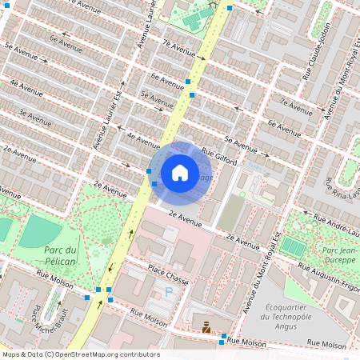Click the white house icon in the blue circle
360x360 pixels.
[180, 172]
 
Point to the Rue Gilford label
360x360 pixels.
[221, 152]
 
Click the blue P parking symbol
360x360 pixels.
[168, 293]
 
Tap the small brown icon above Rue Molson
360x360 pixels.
[206, 326]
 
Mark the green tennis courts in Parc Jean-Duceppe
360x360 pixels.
[292, 247]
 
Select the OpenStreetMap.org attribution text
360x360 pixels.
[80, 354]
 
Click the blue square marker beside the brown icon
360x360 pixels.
[222, 336]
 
